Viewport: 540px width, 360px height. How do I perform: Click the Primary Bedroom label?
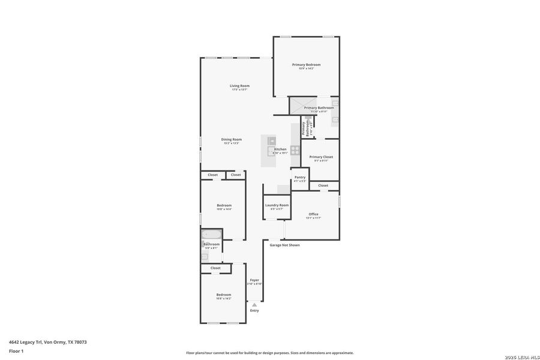tap(306, 65)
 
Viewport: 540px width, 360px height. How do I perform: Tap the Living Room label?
tap(239, 86)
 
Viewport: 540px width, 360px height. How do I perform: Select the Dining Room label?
tap(231, 139)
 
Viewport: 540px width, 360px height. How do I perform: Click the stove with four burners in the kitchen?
tap(295, 149)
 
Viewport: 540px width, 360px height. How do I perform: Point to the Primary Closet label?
tap(321, 157)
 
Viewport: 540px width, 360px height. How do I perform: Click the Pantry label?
tap(300, 177)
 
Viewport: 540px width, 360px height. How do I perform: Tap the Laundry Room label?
tap(277, 205)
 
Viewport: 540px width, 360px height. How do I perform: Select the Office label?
tap(313, 214)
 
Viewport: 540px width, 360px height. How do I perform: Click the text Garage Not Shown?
tap(284, 245)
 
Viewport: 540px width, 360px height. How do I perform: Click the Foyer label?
tap(254, 280)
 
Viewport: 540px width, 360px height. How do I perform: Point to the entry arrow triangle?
tap(254, 305)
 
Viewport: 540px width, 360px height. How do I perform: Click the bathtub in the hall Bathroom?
tap(211, 234)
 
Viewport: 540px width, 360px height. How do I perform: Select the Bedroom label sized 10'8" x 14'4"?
tap(224, 205)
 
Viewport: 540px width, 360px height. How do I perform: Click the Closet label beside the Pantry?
tap(323, 185)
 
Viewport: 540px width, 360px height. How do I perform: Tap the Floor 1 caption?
tap(16, 350)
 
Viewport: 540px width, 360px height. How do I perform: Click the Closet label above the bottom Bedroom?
tap(215, 268)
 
